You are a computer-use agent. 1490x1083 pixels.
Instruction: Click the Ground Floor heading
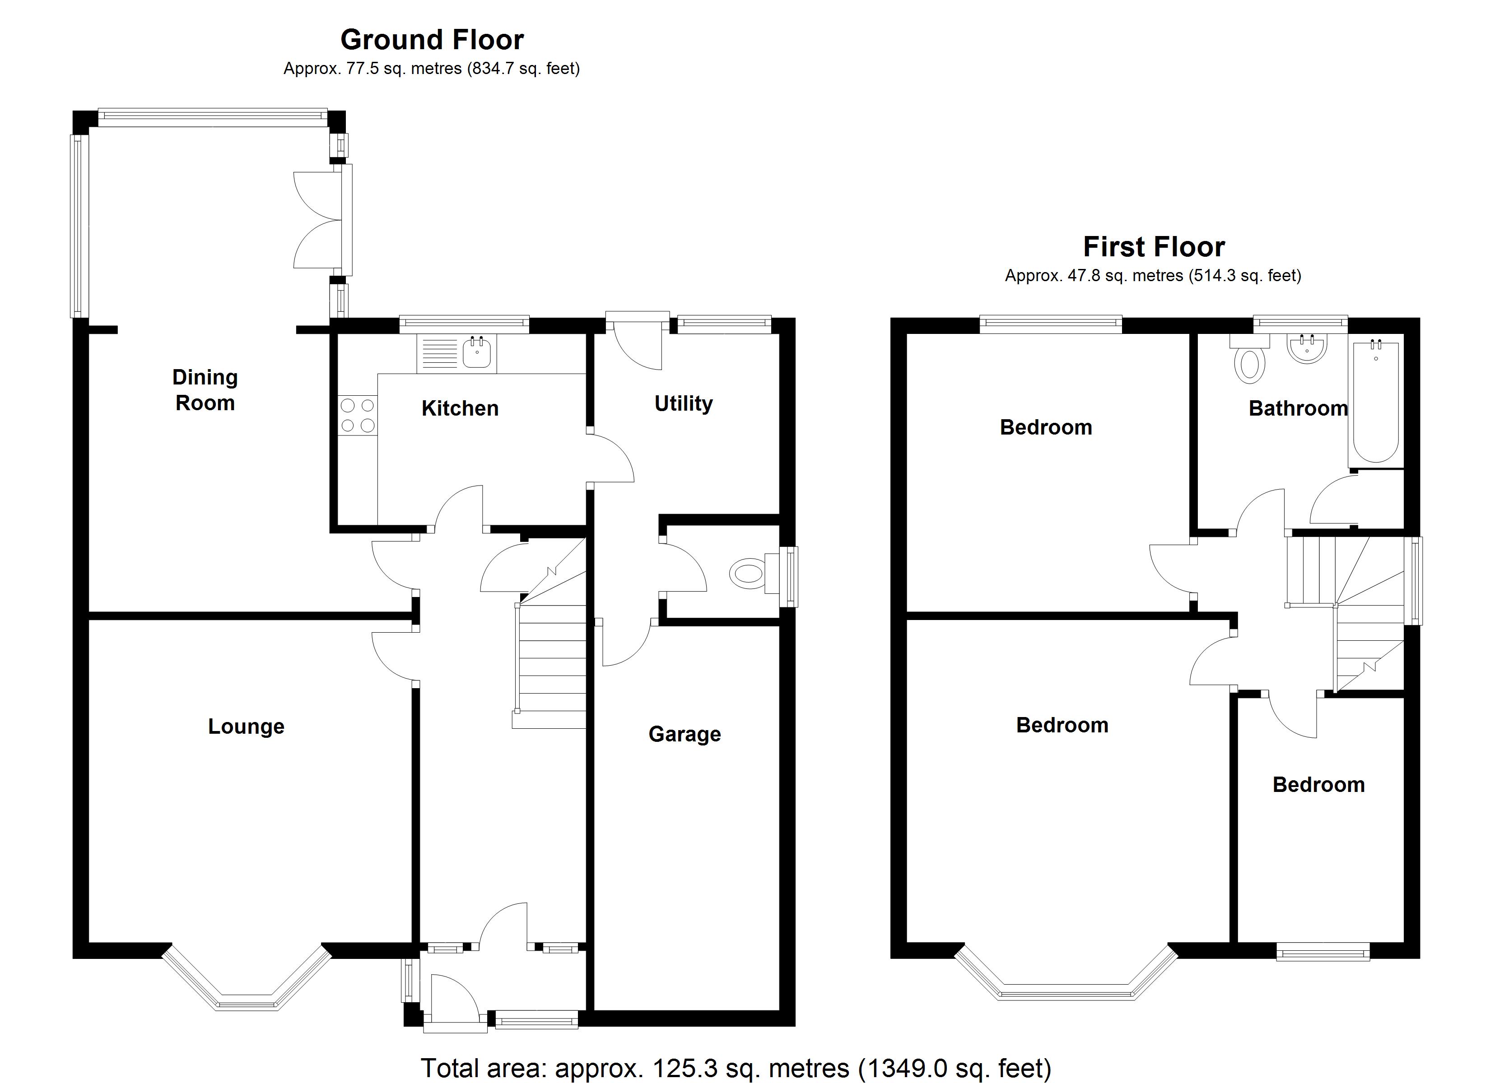coord(432,40)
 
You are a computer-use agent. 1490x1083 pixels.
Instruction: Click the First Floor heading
coord(1154,247)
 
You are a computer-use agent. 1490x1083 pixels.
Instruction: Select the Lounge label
coord(247,727)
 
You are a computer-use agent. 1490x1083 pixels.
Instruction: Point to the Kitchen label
coord(460,408)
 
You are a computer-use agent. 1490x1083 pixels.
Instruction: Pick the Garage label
coord(684,734)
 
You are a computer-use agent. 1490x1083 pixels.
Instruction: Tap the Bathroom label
coord(1298,408)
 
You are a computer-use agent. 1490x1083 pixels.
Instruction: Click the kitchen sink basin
coord(476,353)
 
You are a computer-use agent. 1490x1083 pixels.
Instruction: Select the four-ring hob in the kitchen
coord(358,416)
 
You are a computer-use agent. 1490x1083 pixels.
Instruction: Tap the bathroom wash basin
coord(1308,349)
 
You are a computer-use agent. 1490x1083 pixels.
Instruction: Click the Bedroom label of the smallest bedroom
coord(1318,785)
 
